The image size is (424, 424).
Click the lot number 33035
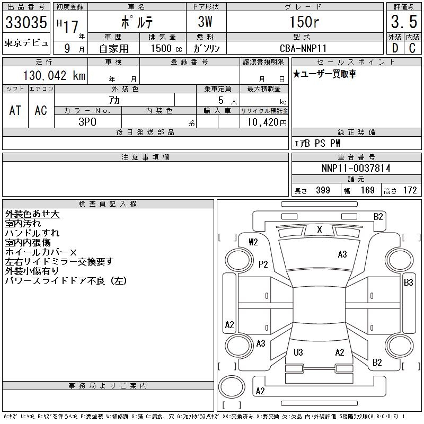[x=26, y=22]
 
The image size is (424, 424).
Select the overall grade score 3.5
[x=404, y=22]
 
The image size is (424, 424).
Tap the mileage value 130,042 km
[x=54, y=75]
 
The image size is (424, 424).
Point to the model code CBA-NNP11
[x=303, y=48]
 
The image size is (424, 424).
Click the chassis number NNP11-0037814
[x=356, y=168]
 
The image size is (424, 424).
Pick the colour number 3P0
[x=87, y=122]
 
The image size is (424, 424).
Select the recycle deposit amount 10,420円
[x=267, y=122]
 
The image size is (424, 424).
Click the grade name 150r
[x=304, y=22]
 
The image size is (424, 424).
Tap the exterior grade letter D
[x=395, y=48]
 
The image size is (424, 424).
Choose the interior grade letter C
[x=412, y=48]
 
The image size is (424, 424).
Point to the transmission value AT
[x=15, y=110]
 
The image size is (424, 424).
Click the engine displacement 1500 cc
[x=166, y=48]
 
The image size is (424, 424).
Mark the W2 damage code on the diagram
[x=253, y=242]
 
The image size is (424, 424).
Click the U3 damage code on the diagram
[x=298, y=352]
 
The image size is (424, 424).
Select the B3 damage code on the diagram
[x=408, y=282]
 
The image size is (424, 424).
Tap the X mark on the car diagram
[x=320, y=229]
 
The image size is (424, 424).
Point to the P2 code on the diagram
[x=263, y=264]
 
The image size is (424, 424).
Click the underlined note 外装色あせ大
[x=32, y=214]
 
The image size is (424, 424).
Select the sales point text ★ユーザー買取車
[x=324, y=74]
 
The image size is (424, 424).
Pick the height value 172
[x=410, y=190]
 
